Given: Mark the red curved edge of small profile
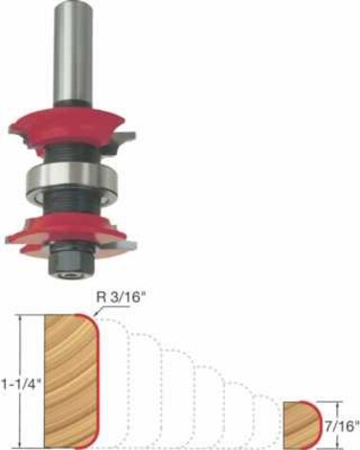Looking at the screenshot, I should (315, 424).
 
